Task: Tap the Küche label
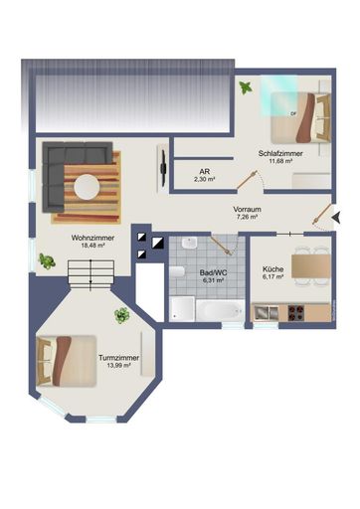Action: pyautogui.click(x=272, y=269)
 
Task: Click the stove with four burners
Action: pyautogui.click(x=296, y=312)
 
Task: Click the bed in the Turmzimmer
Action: pyautogui.click(x=55, y=359)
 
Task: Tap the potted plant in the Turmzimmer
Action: pyautogui.click(x=121, y=315)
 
